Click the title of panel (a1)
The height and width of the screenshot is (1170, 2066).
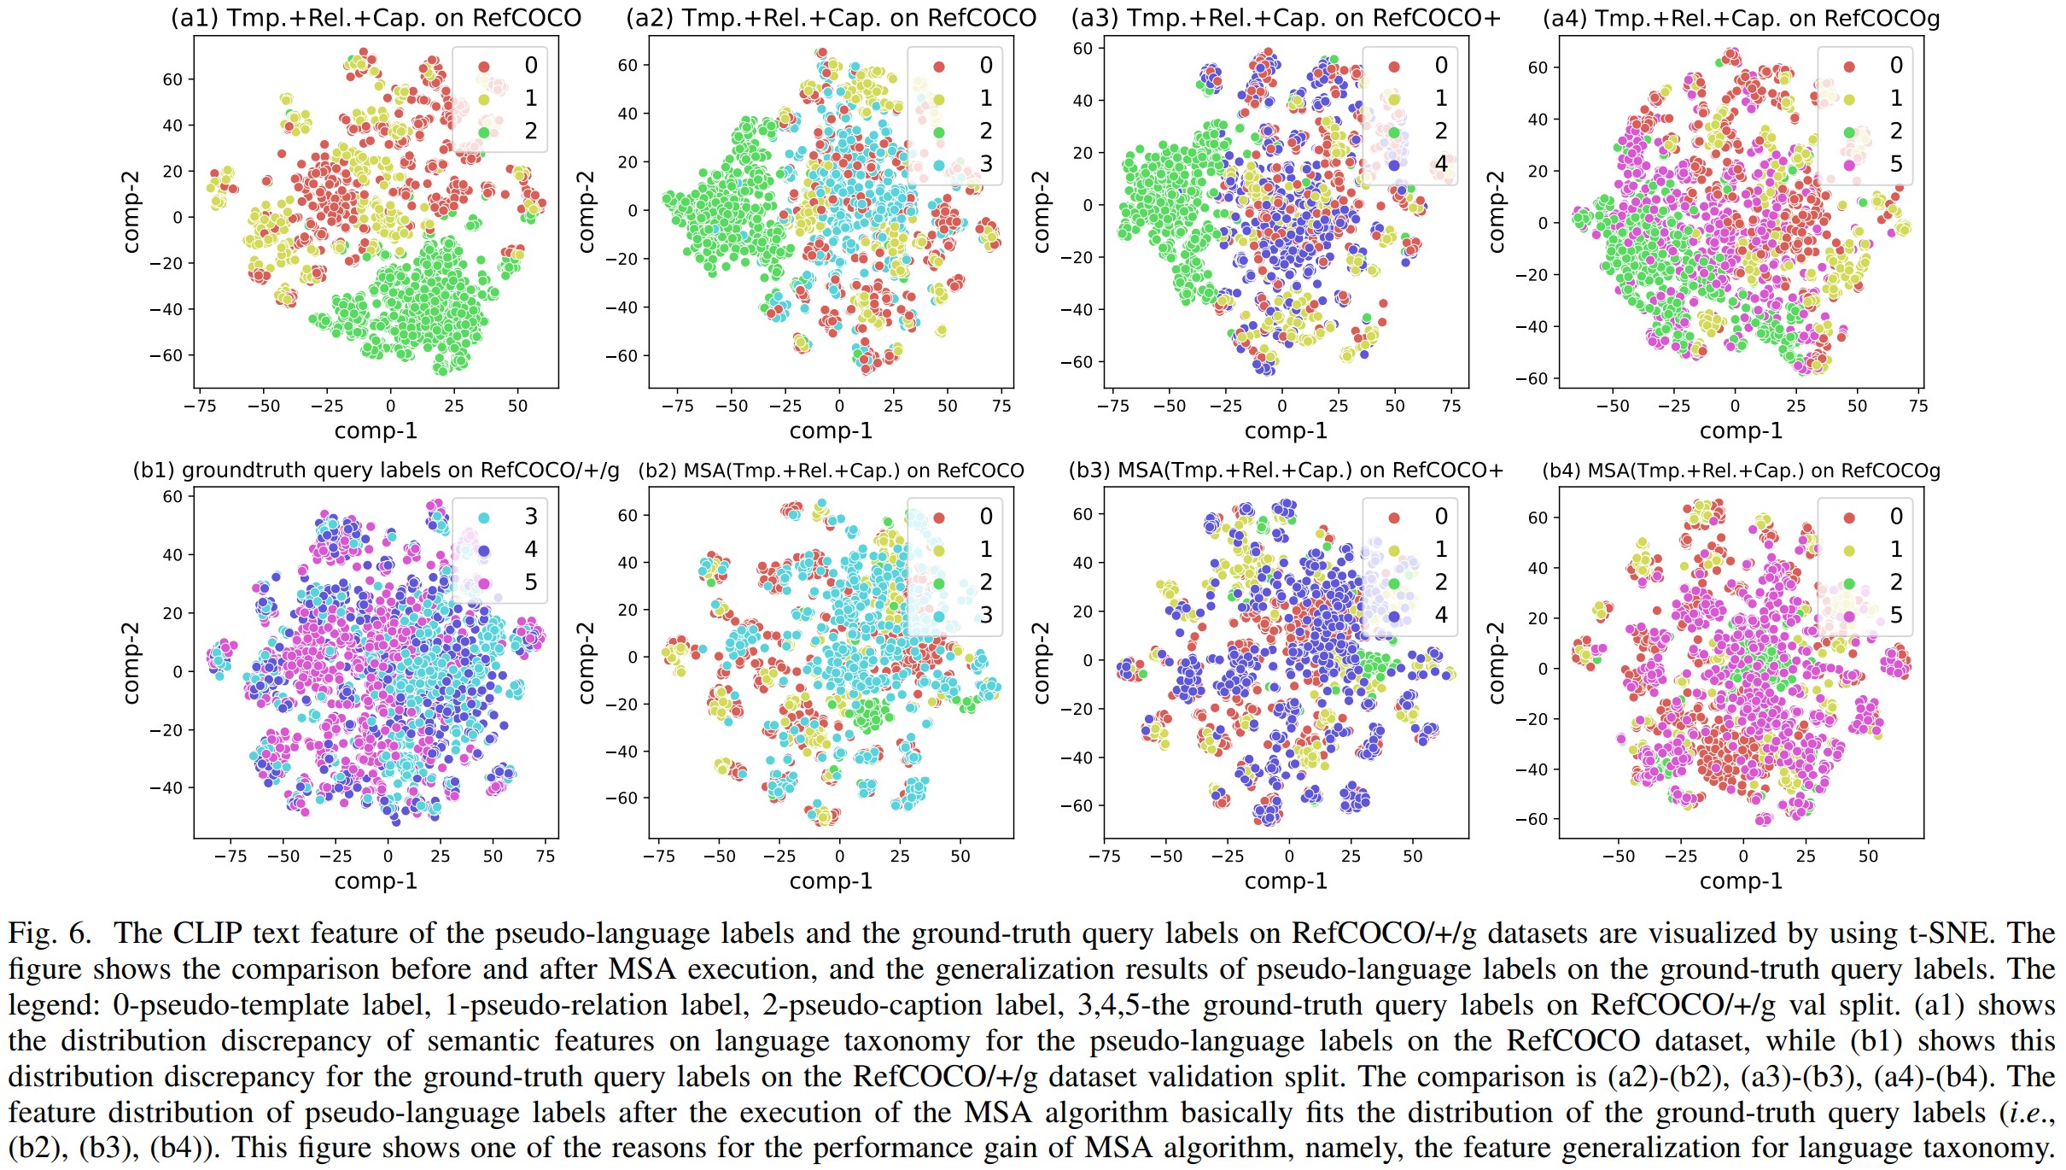(x=376, y=18)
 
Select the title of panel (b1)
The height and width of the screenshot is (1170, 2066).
(x=376, y=471)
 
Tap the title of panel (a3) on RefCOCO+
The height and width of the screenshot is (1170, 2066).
(x=1286, y=18)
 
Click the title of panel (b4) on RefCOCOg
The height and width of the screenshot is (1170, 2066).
(x=1741, y=471)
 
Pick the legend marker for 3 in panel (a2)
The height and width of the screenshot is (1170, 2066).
(x=939, y=164)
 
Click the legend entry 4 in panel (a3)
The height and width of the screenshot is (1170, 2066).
(x=1441, y=164)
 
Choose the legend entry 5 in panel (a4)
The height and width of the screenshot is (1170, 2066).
(x=1896, y=164)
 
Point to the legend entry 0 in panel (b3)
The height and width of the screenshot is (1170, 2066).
(x=1441, y=517)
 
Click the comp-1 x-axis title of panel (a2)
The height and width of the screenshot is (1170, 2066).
(x=831, y=431)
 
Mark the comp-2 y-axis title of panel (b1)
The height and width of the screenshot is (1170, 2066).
(x=131, y=663)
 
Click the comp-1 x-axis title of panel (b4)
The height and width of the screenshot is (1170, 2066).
(x=1741, y=881)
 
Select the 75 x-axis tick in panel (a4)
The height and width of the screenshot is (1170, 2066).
(x=1918, y=407)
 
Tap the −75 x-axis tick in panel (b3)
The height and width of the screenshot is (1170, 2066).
(x=1105, y=857)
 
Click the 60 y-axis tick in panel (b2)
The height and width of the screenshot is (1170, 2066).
(x=627, y=516)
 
